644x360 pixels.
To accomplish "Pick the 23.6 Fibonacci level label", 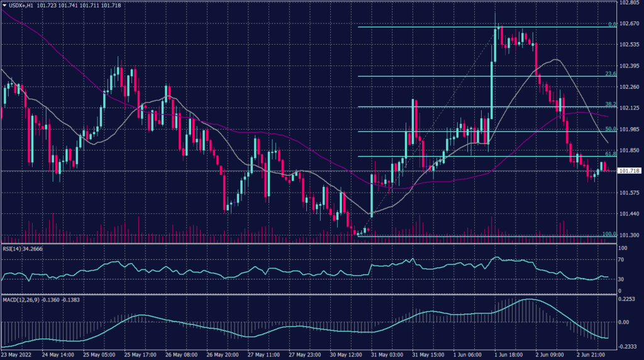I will (x=609, y=74).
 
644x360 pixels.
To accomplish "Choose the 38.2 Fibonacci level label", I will (x=609, y=104).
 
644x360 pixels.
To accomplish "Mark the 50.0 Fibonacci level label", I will (x=609, y=128).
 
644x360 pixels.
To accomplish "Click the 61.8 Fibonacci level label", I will (x=609, y=153).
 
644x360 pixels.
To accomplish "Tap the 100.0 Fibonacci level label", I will (x=608, y=234).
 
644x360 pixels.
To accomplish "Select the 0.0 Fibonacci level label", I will (x=611, y=25).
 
